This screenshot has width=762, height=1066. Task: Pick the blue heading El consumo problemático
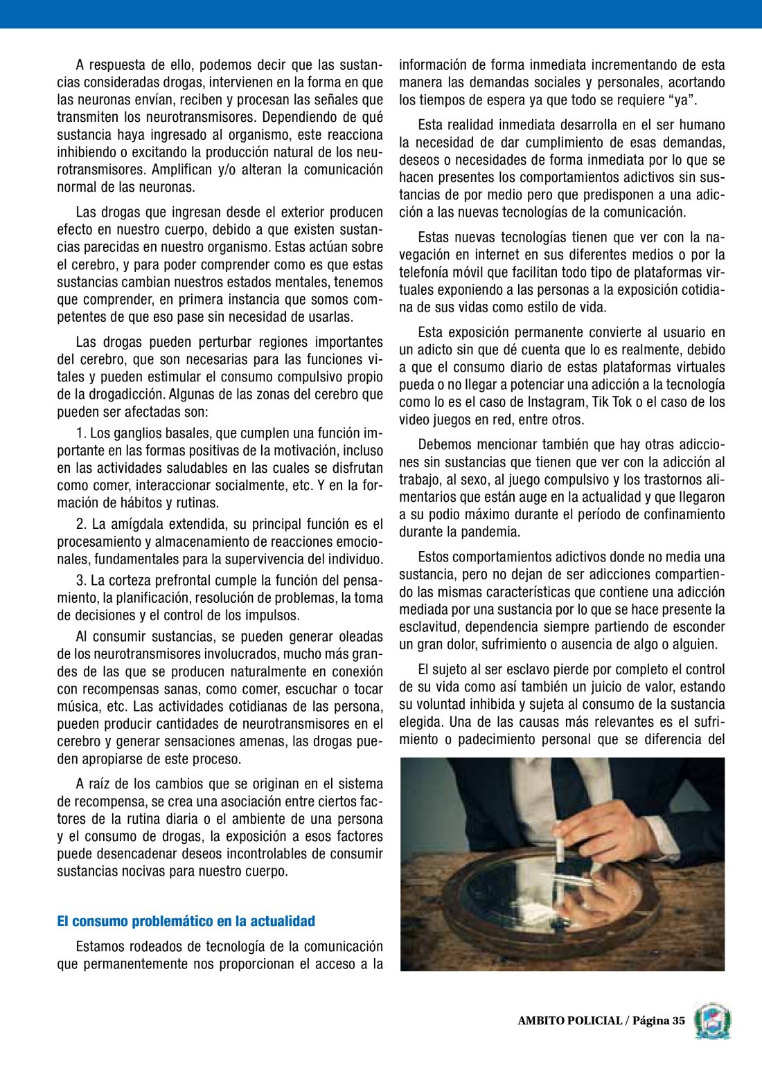click(186, 921)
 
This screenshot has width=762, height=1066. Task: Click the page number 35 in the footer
click(677, 1021)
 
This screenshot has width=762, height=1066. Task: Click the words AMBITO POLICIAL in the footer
click(569, 1021)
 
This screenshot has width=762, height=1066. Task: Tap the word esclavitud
click(429, 627)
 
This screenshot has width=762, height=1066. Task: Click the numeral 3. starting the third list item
click(81, 581)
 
